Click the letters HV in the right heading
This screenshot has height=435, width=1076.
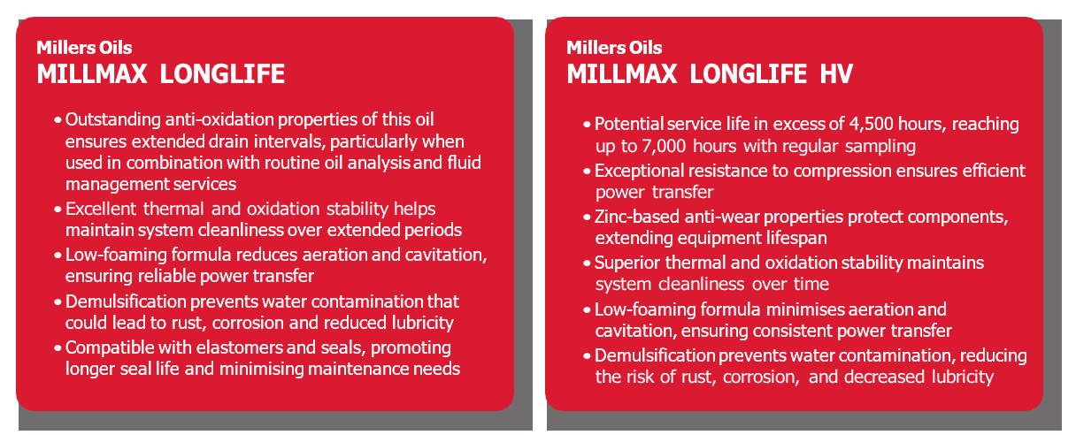point(836,74)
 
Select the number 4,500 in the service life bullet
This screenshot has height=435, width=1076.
point(871,124)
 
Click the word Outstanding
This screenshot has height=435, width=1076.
point(113,120)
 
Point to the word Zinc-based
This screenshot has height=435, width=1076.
point(637,217)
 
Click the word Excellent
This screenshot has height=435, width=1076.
point(101,209)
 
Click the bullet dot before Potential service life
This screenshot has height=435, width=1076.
point(587,125)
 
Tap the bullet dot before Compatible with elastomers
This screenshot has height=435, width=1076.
point(58,348)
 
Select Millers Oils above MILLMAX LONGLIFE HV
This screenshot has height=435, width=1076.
point(614,48)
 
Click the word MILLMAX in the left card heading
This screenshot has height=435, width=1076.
point(92,74)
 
